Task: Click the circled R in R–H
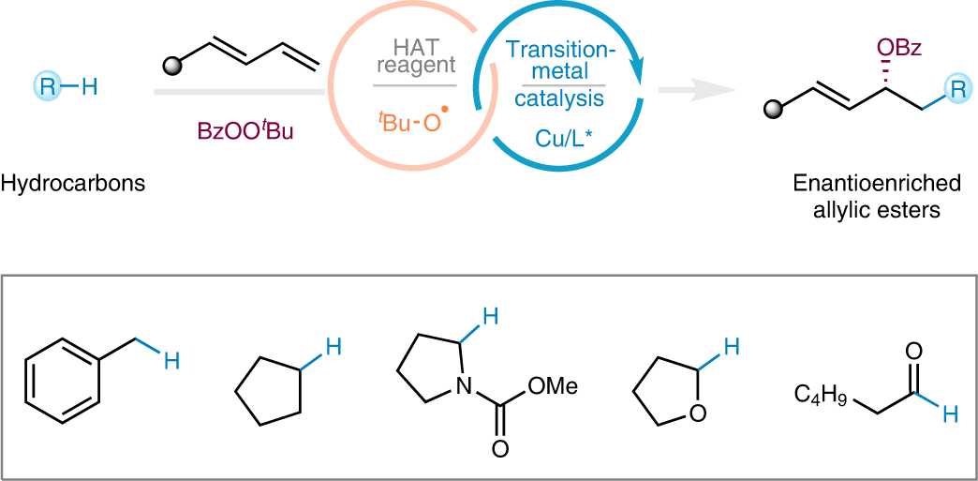coord(46,88)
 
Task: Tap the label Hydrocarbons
coord(73,184)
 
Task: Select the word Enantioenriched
coord(866,184)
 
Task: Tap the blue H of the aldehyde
coord(949,413)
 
